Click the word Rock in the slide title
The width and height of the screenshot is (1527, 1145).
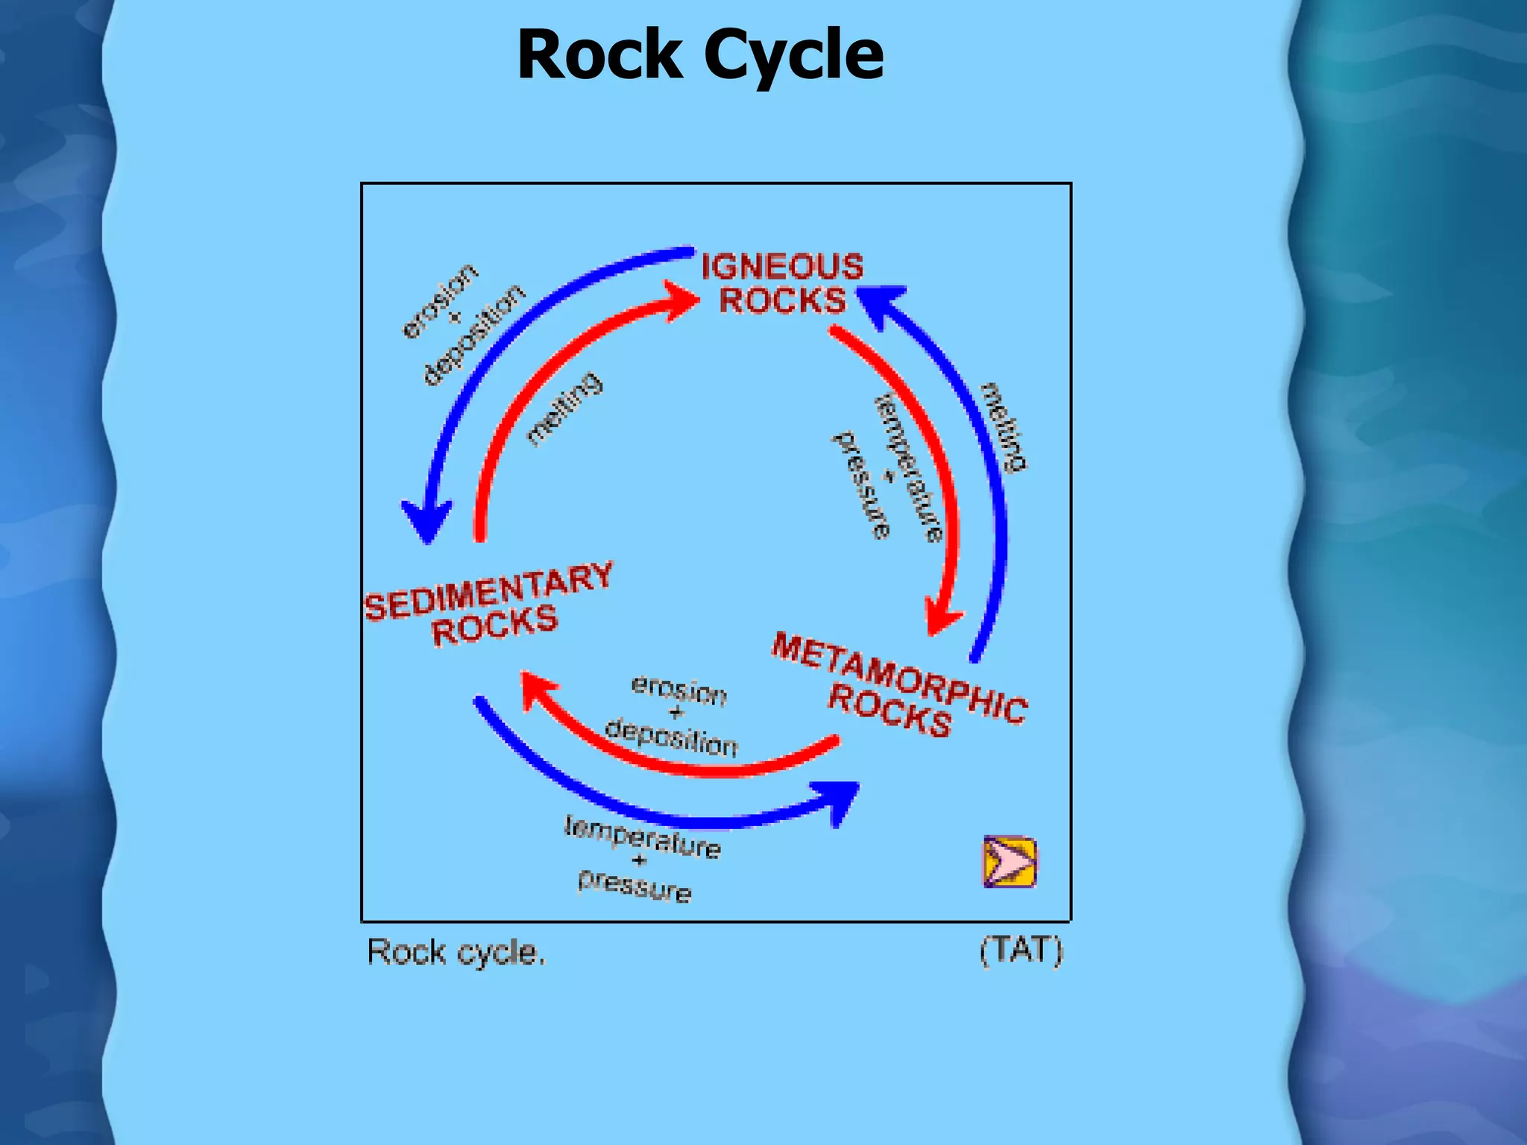pyautogui.click(x=600, y=56)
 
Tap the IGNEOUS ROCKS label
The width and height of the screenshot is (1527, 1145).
pyautogui.click(x=782, y=284)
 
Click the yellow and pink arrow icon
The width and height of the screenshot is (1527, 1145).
pyautogui.click(x=1010, y=862)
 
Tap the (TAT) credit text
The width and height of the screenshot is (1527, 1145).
pyautogui.click(x=1021, y=950)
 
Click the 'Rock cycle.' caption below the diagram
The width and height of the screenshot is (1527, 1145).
pyautogui.click(x=456, y=953)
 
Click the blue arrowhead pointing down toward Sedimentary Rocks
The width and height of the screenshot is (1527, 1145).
pyautogui.click(x=426, y=520)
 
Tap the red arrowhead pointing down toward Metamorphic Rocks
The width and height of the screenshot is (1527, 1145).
pyautogui.click(x=942, y=617)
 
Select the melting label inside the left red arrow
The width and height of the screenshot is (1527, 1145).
pyautogui.click(x=564, y=409)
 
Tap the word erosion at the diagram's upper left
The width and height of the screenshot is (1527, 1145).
pyautogui.click(x=438, y=300)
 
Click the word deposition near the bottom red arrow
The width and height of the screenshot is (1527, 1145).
pyautogui.click(x=671, y=738)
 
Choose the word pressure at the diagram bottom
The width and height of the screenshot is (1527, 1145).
pyautogui.click(x=635, y=887)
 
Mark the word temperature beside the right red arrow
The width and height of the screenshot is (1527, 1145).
pyautogui.click(x=908, y=467)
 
